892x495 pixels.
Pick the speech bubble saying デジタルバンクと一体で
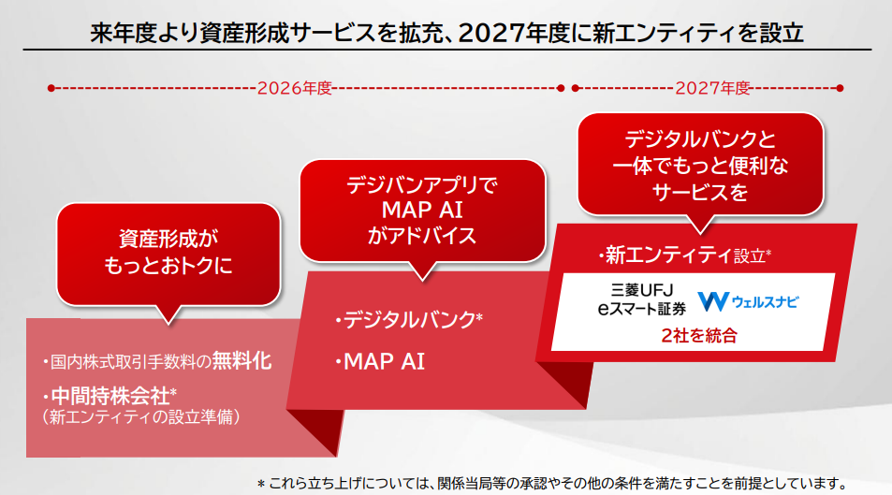point(701,167)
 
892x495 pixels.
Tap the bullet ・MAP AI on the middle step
point(380,360)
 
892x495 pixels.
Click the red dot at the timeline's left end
point(51,88)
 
